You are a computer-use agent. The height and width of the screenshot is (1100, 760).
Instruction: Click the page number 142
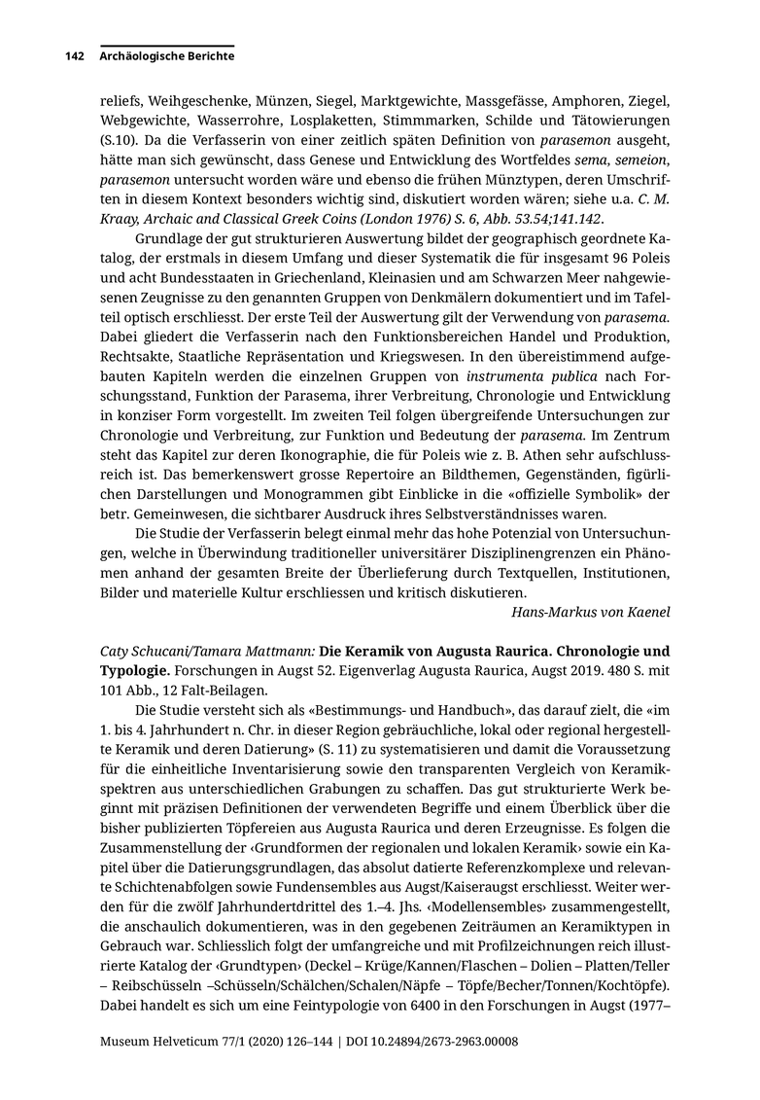tap(75, 56)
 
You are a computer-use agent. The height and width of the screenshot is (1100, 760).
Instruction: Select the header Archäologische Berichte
tap(167, 56)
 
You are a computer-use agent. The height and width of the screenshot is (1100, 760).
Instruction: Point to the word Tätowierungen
tap(619, 121)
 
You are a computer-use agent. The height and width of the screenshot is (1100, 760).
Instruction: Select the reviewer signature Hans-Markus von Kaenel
tap(590, 612)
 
